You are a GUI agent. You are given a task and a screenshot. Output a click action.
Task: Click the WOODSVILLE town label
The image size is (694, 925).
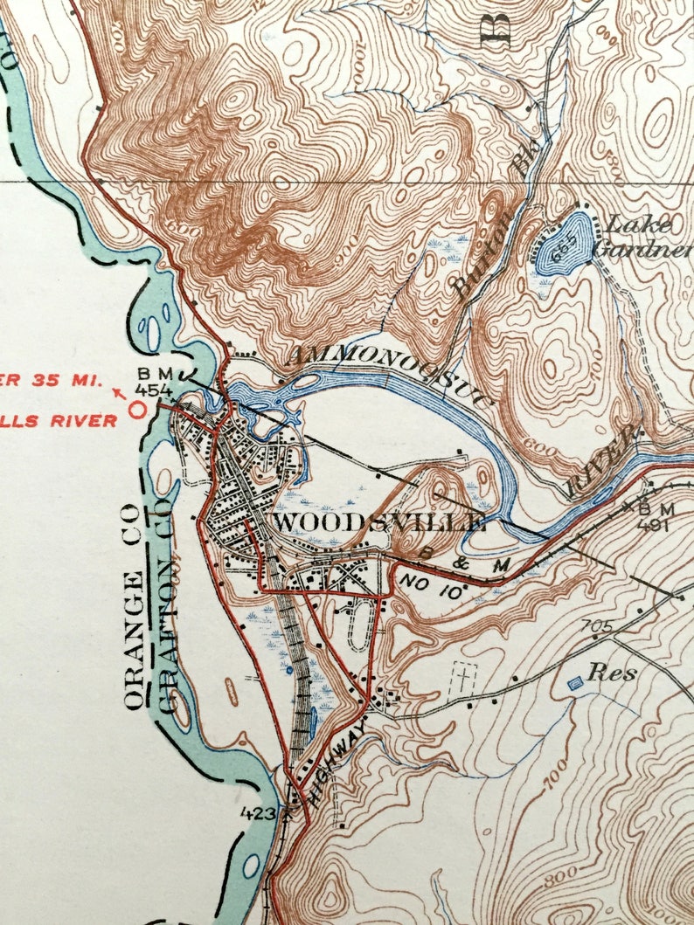click(x=379, y=522)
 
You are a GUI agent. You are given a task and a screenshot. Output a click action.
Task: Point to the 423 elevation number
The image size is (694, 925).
click(x=261, y=813)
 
